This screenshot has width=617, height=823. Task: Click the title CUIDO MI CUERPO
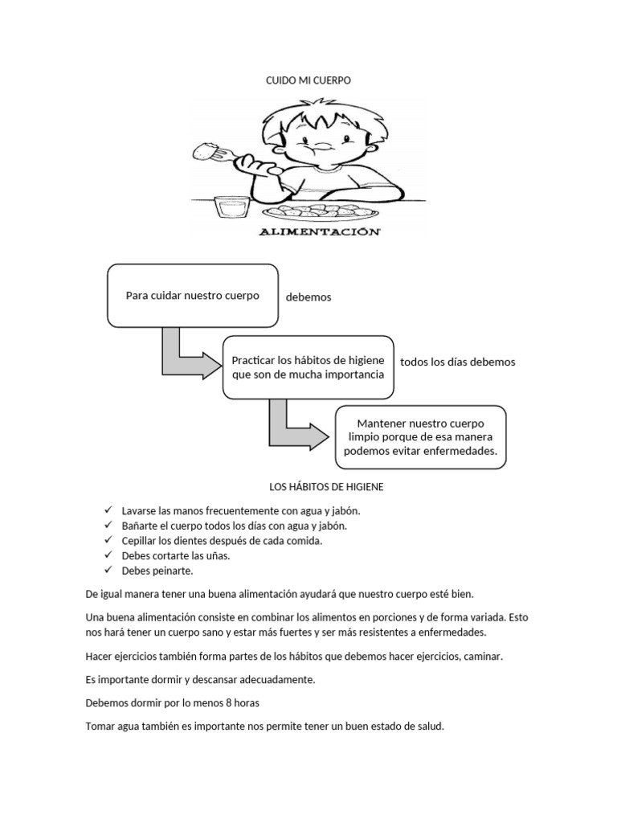tap(308, 81)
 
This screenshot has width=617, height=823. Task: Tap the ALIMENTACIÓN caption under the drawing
tap(319, 231)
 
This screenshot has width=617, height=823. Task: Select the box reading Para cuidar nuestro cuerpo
tap(193, 296)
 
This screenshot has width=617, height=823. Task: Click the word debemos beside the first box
tap(308, 297)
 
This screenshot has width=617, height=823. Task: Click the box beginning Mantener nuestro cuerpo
tap(421, 436)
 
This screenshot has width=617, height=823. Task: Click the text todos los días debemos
tap(457, 362)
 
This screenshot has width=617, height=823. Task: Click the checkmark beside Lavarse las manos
tap(108, 510)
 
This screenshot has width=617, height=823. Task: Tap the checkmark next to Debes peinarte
tap(108, 570)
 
